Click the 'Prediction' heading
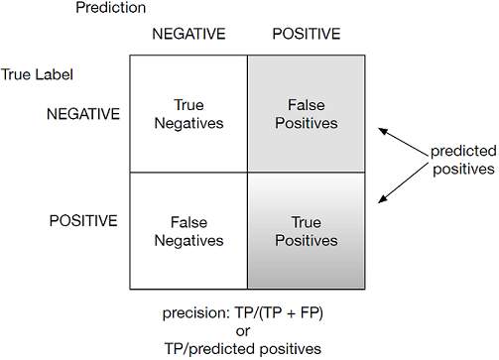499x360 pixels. [x=111, y=8]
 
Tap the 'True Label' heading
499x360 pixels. [x=37, y=74]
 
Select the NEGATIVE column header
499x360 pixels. [x=188, y=34]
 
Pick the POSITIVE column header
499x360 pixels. [x=307, y=34]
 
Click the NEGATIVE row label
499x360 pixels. [x=83, y=114]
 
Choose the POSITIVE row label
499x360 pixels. [x=83, y=220]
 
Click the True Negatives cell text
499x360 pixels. [x=188, y=114]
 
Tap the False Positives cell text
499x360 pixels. [x=307, y=114]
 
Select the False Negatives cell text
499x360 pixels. [x=188, y=231]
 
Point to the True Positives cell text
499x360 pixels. [x=307, y=231]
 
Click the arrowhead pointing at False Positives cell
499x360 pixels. [x=383, y=131]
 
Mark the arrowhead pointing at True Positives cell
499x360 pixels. [x=383, y=198]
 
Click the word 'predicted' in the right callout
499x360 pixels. [x=463, y=151]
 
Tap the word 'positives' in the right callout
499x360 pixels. [x=463, y=170]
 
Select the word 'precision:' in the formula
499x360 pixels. [x=196, y=313]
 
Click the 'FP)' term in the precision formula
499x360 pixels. [x=312, y=313]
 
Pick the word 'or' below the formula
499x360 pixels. [x=243, y=331]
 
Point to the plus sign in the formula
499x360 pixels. [x=291, y=314]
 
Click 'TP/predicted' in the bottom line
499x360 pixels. [x=210, y=349]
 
